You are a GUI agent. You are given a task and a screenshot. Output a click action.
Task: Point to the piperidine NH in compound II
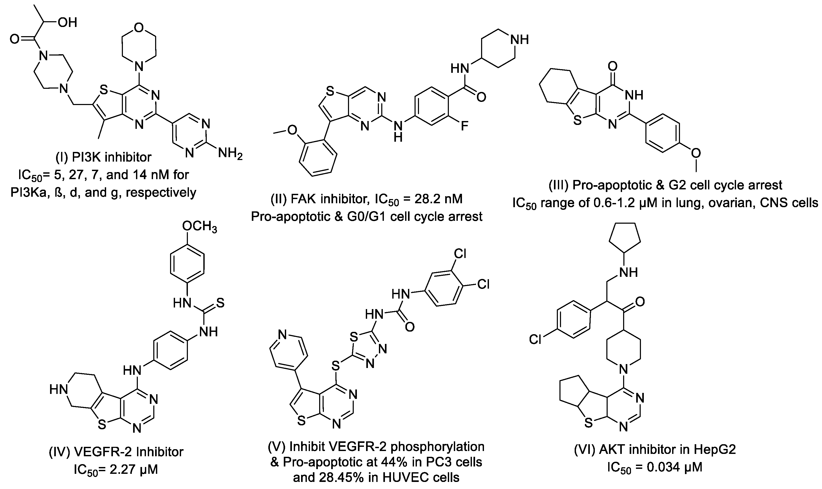tap(519, 40)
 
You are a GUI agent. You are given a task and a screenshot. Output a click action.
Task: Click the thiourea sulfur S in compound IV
tap(220, 303)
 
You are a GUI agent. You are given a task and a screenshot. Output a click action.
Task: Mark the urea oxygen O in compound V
tap(410, 327)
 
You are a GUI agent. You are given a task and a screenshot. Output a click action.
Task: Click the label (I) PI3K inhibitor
tap(104, 157)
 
